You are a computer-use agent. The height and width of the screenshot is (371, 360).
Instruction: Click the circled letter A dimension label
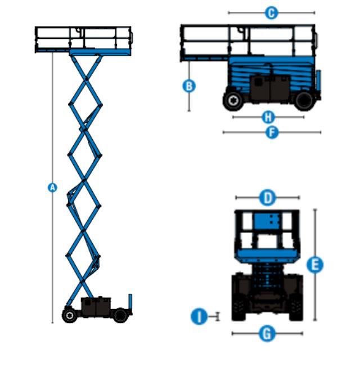pos(52,187)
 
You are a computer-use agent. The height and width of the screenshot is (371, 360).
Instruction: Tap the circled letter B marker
pos(189,86)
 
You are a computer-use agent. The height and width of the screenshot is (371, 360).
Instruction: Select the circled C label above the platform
pos(271,13)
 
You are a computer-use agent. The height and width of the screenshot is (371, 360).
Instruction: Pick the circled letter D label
pos(267,198)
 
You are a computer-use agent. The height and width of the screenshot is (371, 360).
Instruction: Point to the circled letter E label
pos(315,265)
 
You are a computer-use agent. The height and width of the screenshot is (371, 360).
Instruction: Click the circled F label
pos(272,132)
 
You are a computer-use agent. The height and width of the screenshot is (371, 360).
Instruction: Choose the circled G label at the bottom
pos(267,334)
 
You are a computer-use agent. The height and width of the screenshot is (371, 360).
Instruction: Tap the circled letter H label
pos(268,117)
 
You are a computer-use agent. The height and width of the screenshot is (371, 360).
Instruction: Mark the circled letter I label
pos(199,316)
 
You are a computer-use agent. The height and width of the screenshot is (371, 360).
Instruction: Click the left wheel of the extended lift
pos(70,315)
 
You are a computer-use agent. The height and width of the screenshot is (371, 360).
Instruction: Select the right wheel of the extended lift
pos(120,315)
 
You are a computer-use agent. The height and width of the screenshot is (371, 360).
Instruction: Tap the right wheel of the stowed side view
pos(305,101)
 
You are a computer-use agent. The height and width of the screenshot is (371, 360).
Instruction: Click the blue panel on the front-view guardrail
pos(267,221)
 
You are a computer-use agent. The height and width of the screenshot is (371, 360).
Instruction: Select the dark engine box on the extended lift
pos(96,307)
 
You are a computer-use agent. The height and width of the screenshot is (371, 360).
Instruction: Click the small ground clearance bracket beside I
pos(218,316)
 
